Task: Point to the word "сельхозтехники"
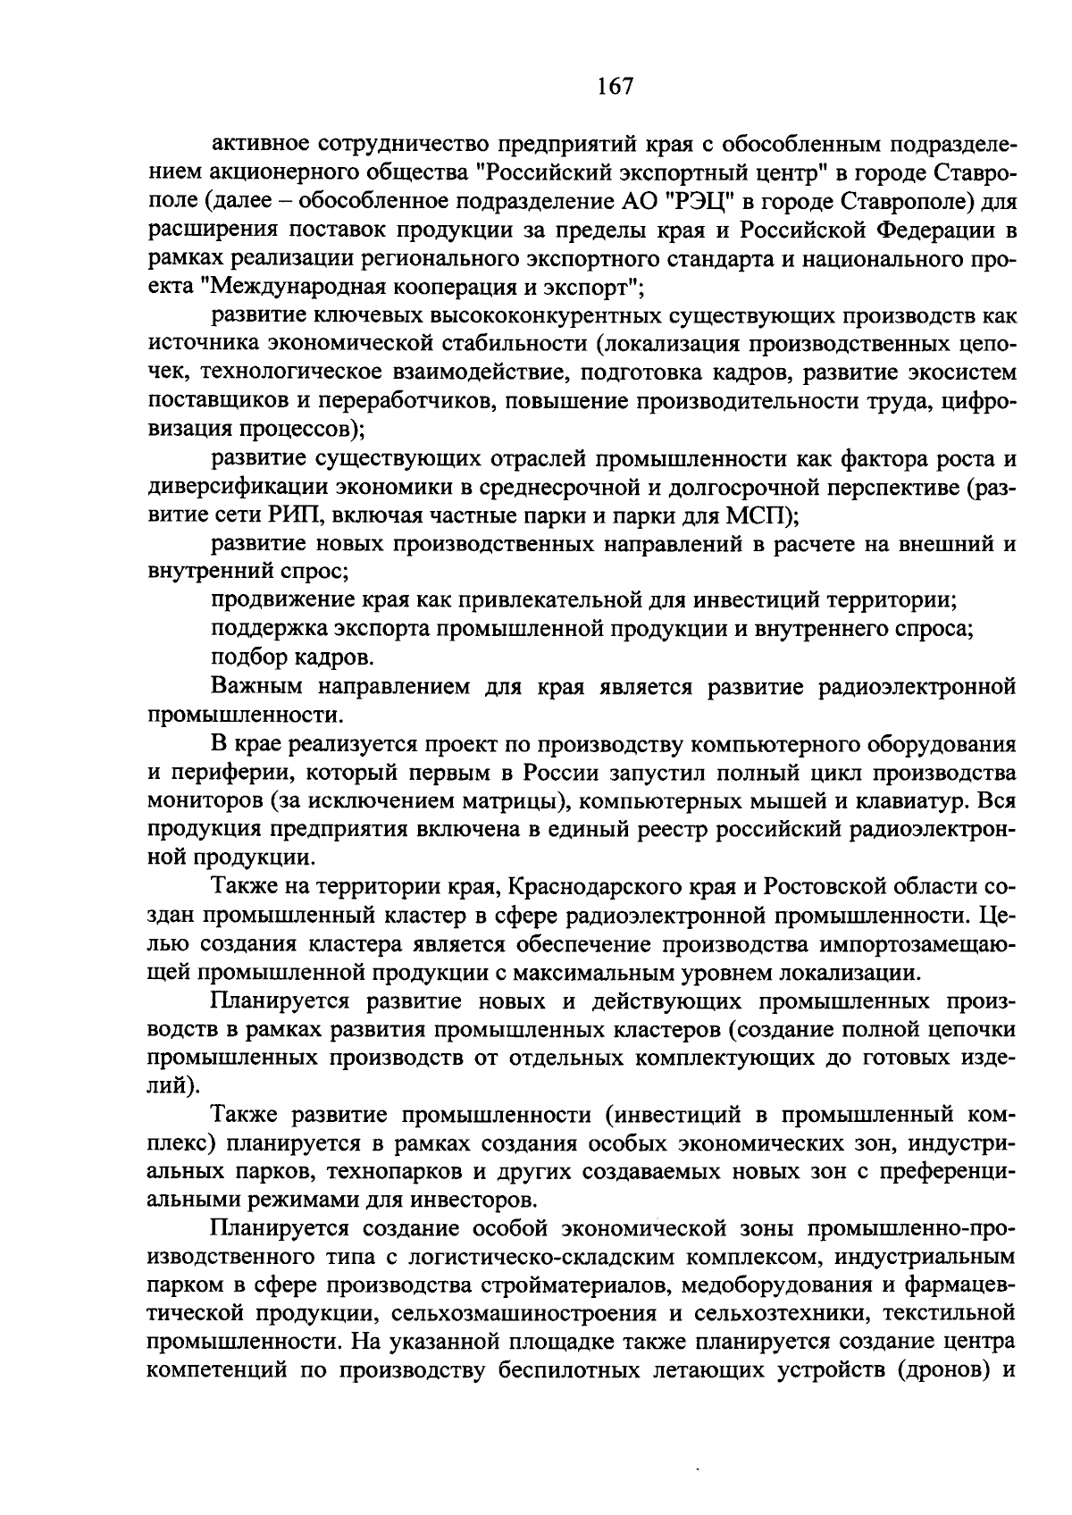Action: coord(769,1314)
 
